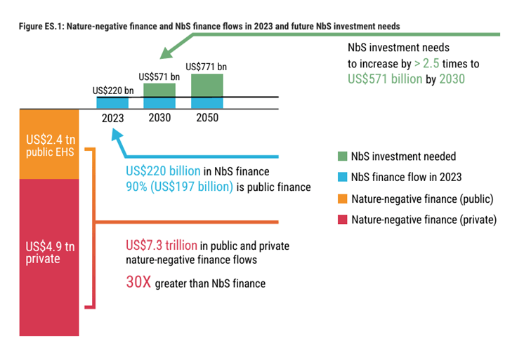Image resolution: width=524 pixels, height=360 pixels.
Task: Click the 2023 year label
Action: [x=112, y=118]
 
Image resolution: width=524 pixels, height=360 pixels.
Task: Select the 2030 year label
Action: [x=159, y=117]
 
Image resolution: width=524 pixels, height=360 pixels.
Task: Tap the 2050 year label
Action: [x=207, y=117]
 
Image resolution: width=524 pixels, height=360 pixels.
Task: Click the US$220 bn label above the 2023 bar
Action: [x=112, y=91]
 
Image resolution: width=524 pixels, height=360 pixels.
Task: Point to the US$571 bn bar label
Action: [x=159, y=76]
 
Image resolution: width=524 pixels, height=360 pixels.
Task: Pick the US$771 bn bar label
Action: [x=207, y=67]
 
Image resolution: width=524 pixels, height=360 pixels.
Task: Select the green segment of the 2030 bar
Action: [x=159, y=90]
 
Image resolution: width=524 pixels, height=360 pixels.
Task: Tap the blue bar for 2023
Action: [x=112, y=102]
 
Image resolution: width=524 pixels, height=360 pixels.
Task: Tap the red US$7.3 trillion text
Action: [x=161, y=246]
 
